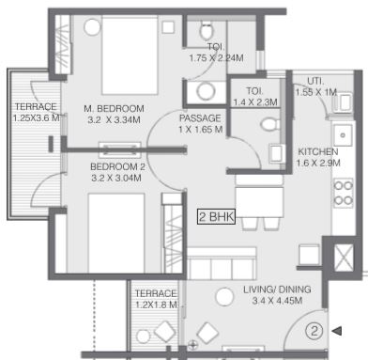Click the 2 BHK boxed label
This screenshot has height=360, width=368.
[216, 216]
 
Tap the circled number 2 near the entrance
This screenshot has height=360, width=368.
[314, 331]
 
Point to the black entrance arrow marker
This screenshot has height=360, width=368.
[337, 331]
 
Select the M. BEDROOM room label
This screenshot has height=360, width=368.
[115, 109]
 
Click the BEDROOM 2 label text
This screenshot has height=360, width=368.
[117, 166]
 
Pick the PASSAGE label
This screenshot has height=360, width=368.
[200, 118]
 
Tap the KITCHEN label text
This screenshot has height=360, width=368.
[318, 152]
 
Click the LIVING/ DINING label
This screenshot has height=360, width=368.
[277, 290]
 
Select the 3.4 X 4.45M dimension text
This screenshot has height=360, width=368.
[277, 301]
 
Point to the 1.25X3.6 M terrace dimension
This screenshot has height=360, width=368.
[36, 118]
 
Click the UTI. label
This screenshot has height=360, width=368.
[315, 81]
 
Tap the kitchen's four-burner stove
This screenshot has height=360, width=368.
[344, 193]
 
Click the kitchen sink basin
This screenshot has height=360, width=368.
[343, 135]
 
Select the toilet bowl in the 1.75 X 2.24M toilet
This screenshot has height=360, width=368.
[207, 30]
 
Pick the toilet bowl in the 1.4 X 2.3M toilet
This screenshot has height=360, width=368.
[269, 125]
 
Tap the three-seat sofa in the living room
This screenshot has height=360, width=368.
[222, 263]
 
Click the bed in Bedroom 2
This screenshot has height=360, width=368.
[116, 233]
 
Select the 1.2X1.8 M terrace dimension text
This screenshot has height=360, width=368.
[156, 305]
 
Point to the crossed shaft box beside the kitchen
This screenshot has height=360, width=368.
[344, 258]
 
